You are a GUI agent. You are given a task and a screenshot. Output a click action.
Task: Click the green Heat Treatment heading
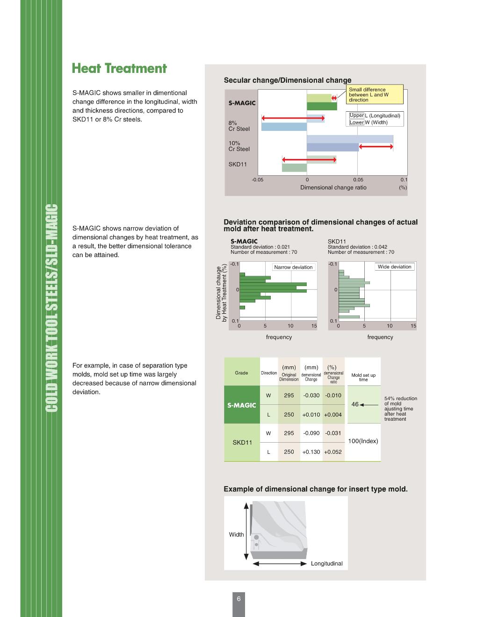[x=119, y=69]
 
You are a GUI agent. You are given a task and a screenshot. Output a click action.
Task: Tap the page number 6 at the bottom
[x=238, y=599]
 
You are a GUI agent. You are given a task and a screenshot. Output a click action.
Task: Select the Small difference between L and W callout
[x=374, y=94]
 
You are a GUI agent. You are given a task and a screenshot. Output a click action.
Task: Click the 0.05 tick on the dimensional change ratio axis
[x=358, y=179]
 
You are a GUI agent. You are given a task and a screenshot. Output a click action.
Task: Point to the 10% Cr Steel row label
[x=239, y=146]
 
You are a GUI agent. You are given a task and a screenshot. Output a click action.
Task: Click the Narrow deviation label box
[x=293, y=267]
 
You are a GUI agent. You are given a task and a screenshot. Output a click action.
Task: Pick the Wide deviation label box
[x=394, y=267]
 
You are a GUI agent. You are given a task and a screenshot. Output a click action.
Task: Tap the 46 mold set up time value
[x=355, y=404]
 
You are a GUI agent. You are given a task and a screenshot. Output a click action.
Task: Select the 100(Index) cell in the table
[x=363, y=441]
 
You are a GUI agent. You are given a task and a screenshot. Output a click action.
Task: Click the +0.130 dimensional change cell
[x=311, y=452]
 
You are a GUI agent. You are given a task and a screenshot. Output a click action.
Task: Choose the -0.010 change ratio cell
[x=333, y=395]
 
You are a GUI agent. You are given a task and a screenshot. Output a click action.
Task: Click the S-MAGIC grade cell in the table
[x=242, y=405]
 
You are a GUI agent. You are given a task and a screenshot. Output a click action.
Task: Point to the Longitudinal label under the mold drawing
[x=326, y=564]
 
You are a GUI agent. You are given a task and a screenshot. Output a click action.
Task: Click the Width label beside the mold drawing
[x=236, y=535]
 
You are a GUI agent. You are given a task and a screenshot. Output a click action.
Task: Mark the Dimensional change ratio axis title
[x=333, y=187]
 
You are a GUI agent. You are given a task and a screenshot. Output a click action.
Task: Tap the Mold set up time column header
[x=363, y=377]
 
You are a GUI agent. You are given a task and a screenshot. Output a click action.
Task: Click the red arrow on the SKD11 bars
[x=309, y=160]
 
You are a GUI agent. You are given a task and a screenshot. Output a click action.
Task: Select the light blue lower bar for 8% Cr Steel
[x=284, y=126]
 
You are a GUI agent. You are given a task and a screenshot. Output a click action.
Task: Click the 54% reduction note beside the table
[x=400, y=409]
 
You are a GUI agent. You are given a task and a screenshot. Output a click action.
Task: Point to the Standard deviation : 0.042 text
[x=357, y=247]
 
